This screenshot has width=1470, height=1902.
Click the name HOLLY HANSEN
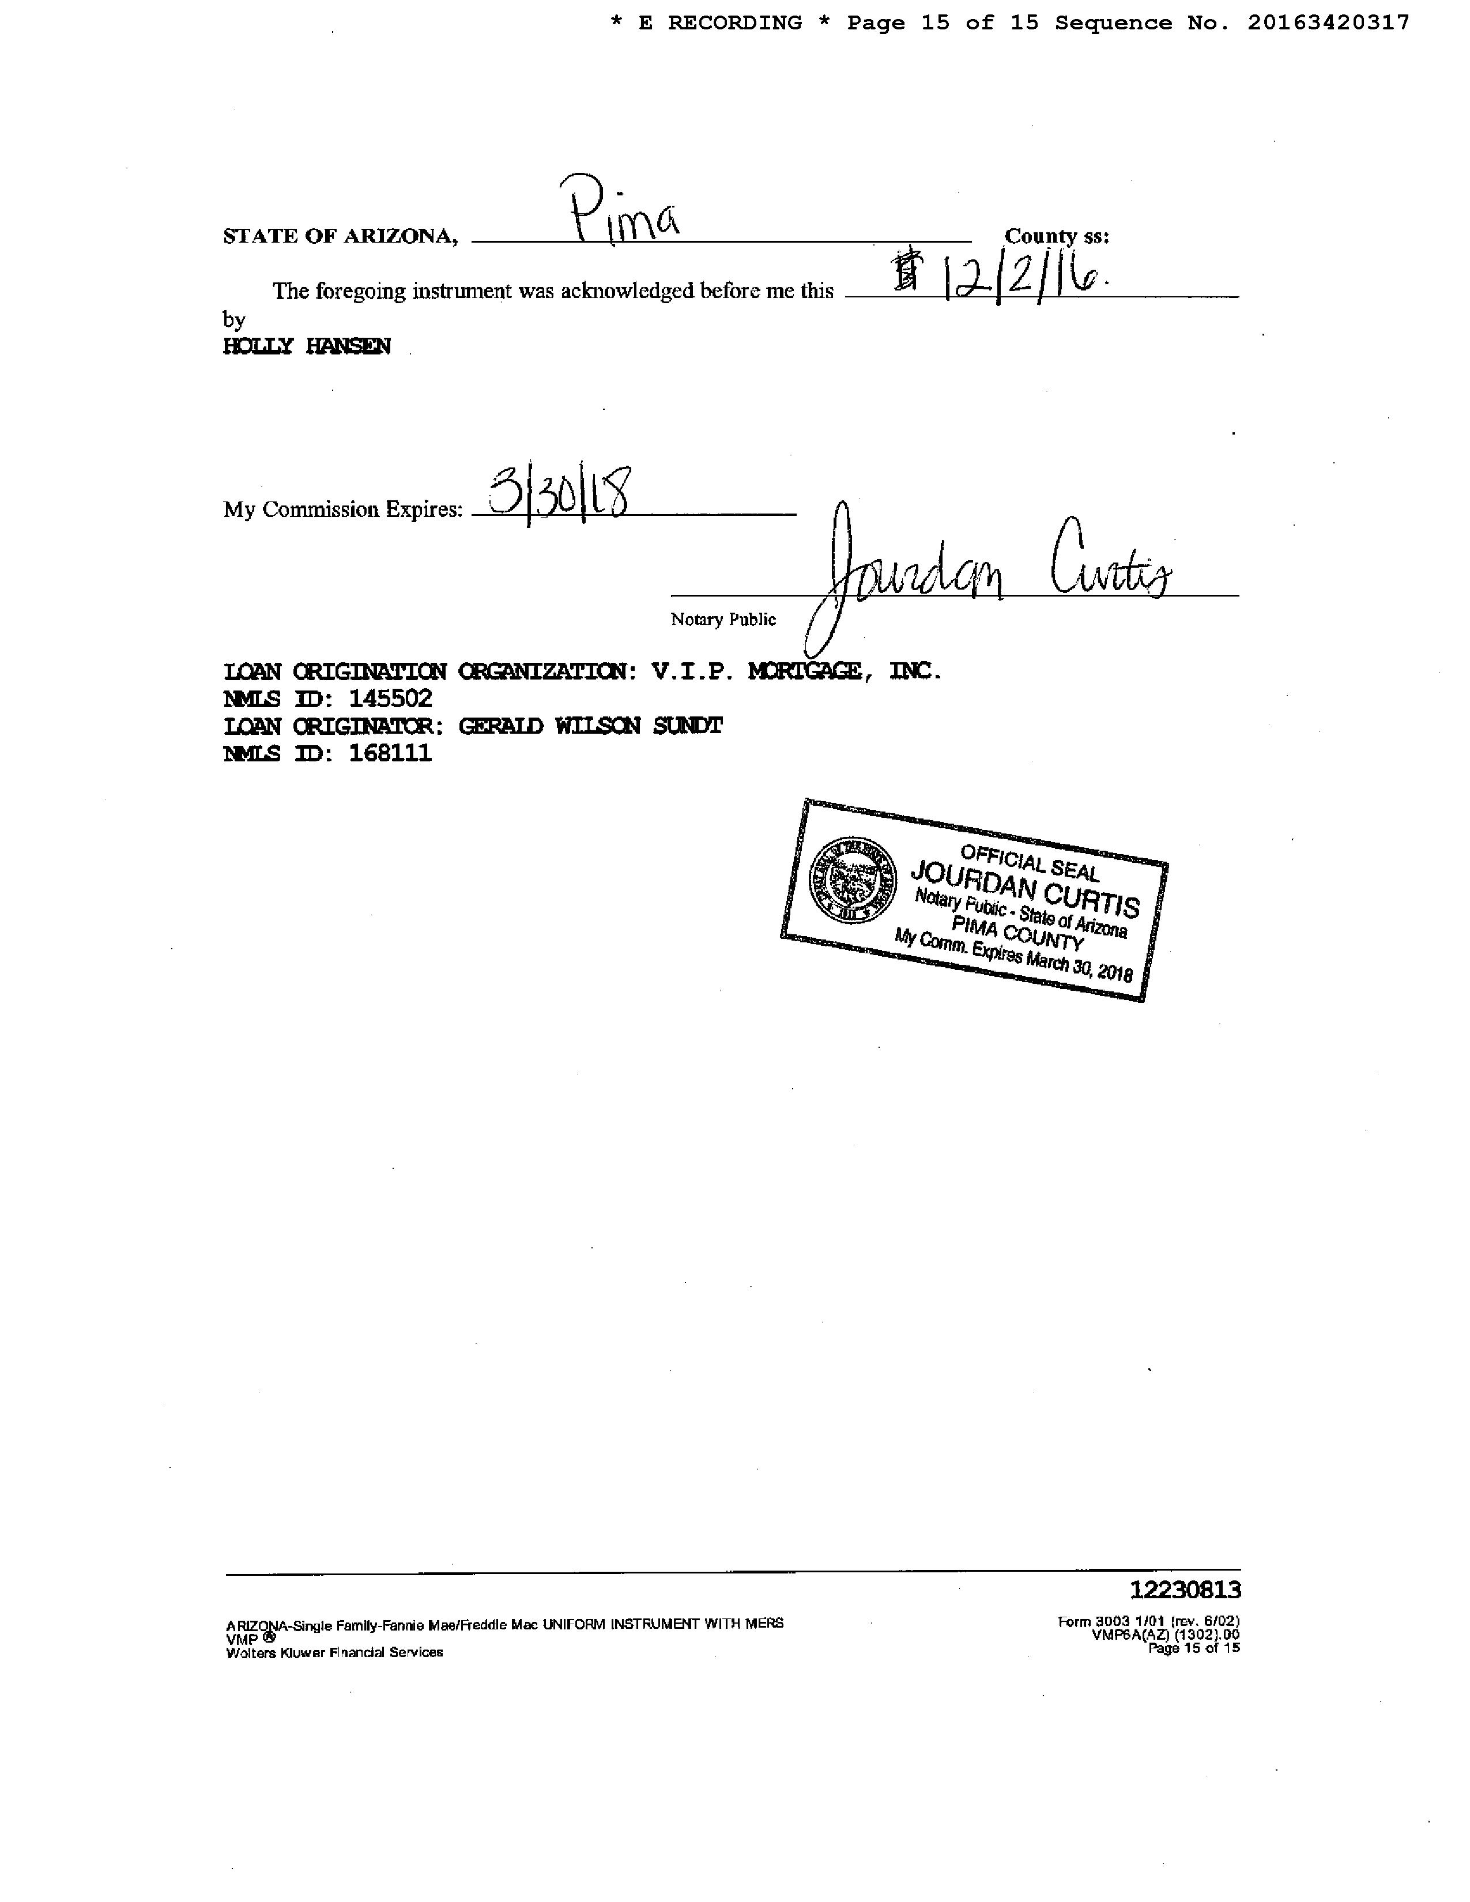pyautogui.click(x=307, y=346)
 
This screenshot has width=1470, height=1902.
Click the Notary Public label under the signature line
pyautogui.click(x=723, y=619)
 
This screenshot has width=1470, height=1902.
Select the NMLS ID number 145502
pyautogui.click(x=390, y=699)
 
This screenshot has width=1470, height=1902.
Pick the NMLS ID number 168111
pyautogui.click(x=390, y=753)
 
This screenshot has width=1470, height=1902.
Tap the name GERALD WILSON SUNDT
pyautogui.click(x=590, y=726)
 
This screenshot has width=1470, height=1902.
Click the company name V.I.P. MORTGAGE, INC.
pyautogui.click(x=796, y=671)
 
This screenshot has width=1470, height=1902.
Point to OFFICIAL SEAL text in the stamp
pyautogui.click(x=1030, y=861)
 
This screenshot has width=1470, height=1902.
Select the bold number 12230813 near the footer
pyautogui.click(x=1185, y=1590)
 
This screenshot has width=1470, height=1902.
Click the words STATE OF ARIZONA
pyautogui.click(x=340, y=236)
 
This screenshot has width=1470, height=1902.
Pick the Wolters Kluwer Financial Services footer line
pyautogui.click(x=334, y=1652)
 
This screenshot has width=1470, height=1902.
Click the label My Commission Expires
pyautogui.click(x=342, y=510)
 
